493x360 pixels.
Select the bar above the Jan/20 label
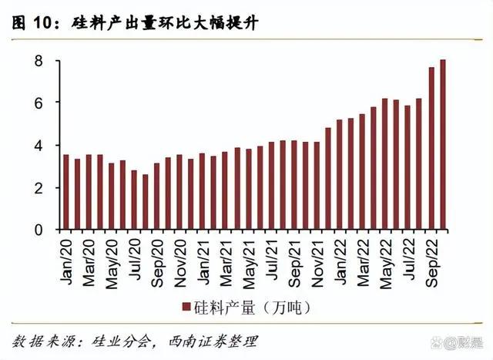click(x=66, y=192)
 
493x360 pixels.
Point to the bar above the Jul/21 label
click(x=271, y=185)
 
